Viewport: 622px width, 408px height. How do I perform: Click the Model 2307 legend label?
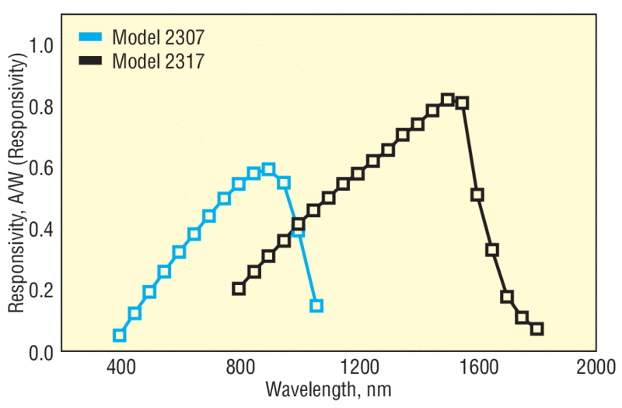coord(159,37)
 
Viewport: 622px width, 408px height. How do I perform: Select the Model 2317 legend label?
coord(159,61)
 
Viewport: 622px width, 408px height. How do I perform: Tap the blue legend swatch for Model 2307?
coord(92,37)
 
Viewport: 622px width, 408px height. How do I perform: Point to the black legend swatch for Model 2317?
coord(92,61)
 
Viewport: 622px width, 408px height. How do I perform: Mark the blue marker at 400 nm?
coord(119,336)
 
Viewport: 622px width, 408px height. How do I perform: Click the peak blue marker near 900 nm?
coord(268,170)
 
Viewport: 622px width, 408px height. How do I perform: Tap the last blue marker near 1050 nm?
coord(316,305)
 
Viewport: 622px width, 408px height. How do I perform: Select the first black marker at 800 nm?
coord(239,289)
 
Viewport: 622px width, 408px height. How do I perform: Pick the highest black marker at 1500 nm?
coord(447,100)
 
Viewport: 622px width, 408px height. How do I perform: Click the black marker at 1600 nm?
coord(477,195)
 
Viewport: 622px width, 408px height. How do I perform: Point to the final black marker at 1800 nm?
coord(536,329)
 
